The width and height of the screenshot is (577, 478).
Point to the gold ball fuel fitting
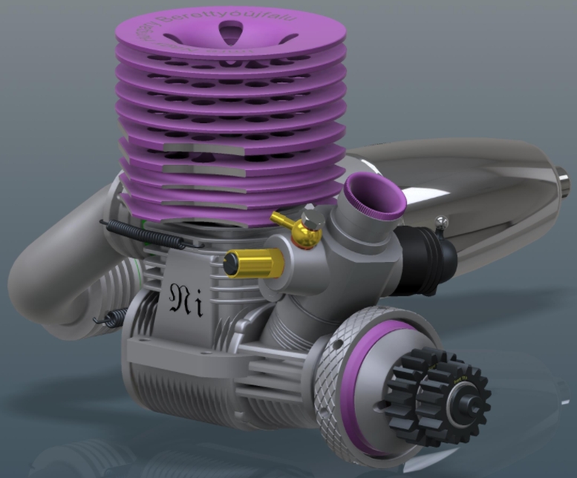tap(303, 232)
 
